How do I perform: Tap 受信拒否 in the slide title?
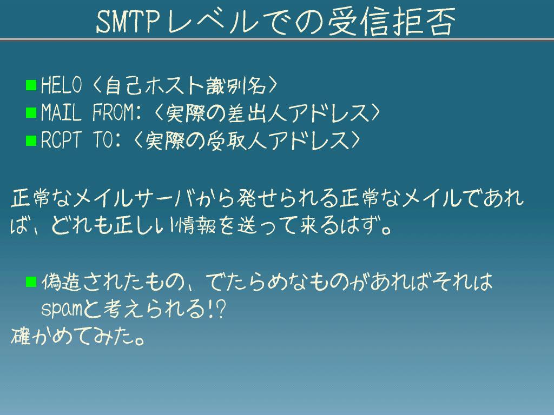392,22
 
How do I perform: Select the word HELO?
62,85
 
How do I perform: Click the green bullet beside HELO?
31,85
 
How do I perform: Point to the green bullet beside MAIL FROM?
31,112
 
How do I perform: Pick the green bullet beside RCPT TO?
31,140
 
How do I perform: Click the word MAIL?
61,112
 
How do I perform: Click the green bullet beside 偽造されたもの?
31,282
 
